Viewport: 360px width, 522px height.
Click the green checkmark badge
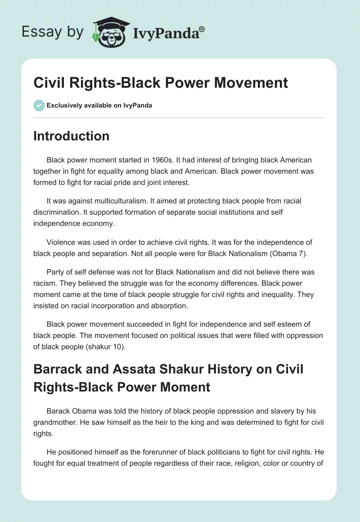click(x=39, y=105)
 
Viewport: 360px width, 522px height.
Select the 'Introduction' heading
click(x=71, y=136)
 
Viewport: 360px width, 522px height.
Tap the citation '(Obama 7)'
click(x=288, y=253)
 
